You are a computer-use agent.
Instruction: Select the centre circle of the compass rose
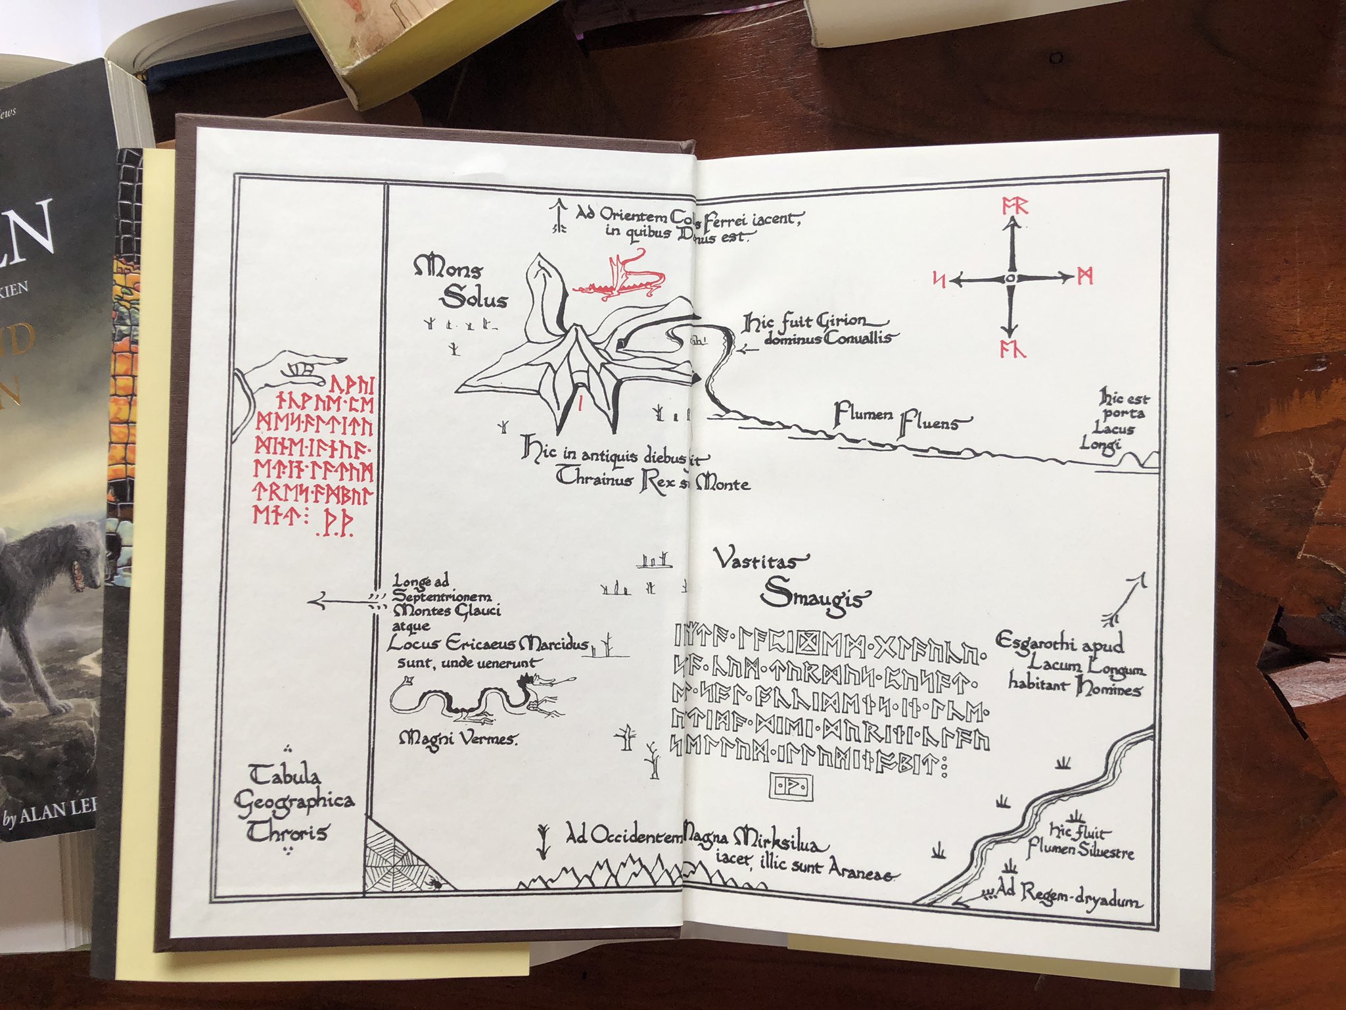coord(1011,279)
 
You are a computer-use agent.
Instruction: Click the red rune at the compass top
coord(1014,206)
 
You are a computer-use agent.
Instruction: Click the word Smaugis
coord(815,595)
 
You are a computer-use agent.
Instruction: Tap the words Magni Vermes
coord(459,739)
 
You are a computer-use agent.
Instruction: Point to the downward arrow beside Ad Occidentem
coord(544,842)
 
